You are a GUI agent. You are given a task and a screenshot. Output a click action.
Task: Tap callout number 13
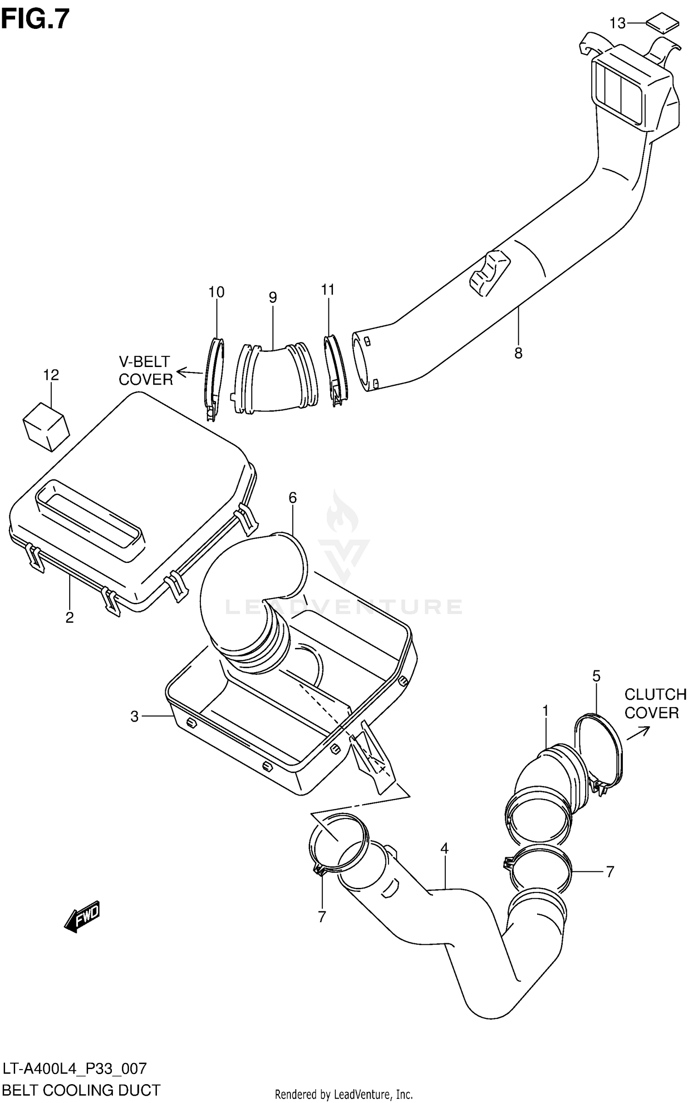click(617, 23)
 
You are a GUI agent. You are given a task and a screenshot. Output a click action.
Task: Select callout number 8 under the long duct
click(518, 353)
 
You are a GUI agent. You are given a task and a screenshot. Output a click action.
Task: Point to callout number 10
click(216, 292)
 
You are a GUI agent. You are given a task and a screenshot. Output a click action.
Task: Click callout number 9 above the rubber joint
click(272, 297)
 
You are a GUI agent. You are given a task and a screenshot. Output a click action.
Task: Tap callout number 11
click(328, 290)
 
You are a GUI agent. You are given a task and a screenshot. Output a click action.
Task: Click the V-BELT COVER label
click(145, 370)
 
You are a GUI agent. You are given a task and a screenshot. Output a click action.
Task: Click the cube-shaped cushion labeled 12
click(46, 427)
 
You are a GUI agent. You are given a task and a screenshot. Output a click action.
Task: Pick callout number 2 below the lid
click(69, 618)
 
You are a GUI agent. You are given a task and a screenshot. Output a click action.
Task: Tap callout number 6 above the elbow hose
click(293, 497)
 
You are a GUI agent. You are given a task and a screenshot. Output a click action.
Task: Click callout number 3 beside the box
click(134, 716)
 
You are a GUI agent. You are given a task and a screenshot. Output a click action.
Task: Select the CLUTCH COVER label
click(655, 703)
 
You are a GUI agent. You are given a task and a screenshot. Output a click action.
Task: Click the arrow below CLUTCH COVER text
click(638, 733)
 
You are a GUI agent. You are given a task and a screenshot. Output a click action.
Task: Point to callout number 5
click(596, 676)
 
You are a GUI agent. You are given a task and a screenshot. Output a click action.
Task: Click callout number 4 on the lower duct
click(444, 848)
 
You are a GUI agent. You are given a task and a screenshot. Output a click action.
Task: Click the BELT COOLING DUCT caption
click(82, 1090)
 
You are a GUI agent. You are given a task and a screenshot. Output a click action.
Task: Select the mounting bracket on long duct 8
click(489, 273)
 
